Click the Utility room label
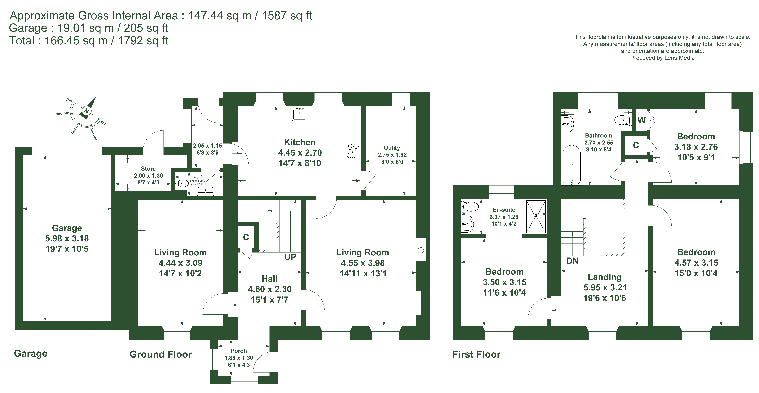[x=392, y=148]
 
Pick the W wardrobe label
[x=641, y=120]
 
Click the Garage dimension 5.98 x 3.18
[x=67, y=238]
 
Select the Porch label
[x=239, y=351]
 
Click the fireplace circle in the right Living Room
[x=421, y=250]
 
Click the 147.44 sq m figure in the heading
[x=220, y=16]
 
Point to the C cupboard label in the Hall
[x=246, y=237]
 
